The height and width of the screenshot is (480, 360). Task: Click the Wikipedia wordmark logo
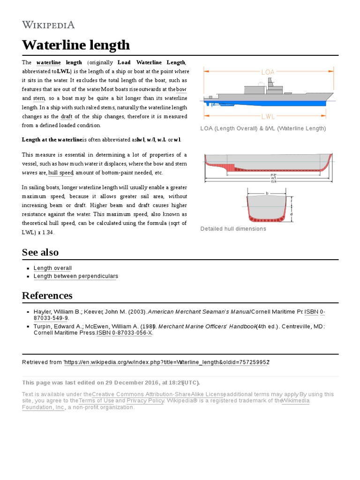coord(48,25)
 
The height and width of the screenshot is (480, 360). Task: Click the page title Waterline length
coord(75,45)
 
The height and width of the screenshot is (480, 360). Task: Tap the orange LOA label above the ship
coord(268,72)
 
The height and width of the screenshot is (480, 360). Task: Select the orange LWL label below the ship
coord(268,116)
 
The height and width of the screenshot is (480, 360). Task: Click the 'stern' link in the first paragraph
coord(39,98)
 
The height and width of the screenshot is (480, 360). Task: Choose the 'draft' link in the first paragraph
coord(67,116)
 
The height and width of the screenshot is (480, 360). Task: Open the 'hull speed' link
coord(61,173)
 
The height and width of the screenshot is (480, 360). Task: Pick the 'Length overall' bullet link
coord(52,268)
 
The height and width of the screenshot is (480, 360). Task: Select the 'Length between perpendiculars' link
coord(75,276)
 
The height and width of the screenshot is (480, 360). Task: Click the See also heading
coord(40,252)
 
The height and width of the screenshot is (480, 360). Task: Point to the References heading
coord(47,295)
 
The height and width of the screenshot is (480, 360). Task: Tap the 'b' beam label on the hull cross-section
coord(267,193)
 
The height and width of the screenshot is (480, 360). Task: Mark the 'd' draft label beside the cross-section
coord(292,214)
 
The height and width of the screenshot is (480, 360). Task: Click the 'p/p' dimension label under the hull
coord(273,175)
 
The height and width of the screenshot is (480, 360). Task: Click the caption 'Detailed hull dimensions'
coord(233,229)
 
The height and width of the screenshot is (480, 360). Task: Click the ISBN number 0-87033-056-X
coord(132,333)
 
